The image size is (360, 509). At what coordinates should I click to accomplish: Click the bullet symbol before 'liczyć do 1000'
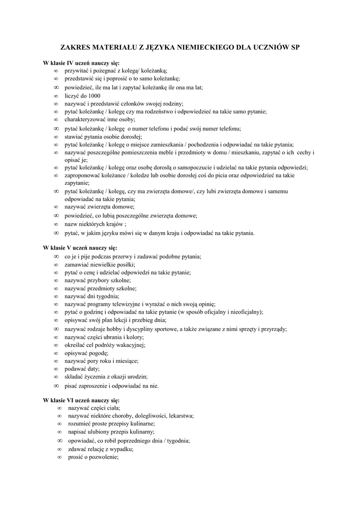pos(56,96)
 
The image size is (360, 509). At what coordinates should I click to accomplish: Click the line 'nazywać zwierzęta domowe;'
pos(99,207)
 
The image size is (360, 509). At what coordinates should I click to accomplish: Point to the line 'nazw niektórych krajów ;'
pos(95,224)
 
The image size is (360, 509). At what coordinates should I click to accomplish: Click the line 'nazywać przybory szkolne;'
pos(97,280)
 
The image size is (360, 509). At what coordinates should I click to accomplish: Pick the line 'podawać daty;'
pos(82,369)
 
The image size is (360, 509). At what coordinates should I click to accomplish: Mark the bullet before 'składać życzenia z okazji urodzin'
pos(56,377)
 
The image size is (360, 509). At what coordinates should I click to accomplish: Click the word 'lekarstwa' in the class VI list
pos(181,416)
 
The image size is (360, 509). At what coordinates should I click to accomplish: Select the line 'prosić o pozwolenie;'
pos(93,457)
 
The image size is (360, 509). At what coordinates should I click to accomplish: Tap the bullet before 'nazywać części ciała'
pos(59,408)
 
